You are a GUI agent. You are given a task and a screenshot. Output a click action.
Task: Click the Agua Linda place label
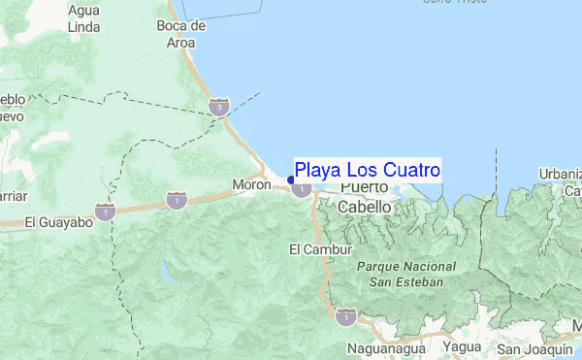83,16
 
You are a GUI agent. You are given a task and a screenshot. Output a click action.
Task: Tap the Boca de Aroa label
181,34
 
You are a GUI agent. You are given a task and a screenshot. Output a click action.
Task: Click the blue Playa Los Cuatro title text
368,170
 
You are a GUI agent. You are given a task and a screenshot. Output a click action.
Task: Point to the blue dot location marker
291,180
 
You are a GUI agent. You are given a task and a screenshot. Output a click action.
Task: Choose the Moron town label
251,183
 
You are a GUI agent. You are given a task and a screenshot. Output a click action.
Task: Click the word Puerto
364,186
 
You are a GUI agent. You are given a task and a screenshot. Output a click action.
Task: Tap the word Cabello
365,207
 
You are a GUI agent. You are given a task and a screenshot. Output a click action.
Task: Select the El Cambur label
312,250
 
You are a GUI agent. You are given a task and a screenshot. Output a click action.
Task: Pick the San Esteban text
405,281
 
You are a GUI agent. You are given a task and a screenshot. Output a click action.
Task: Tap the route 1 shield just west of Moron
176,200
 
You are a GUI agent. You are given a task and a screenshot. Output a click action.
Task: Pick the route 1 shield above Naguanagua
343,315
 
